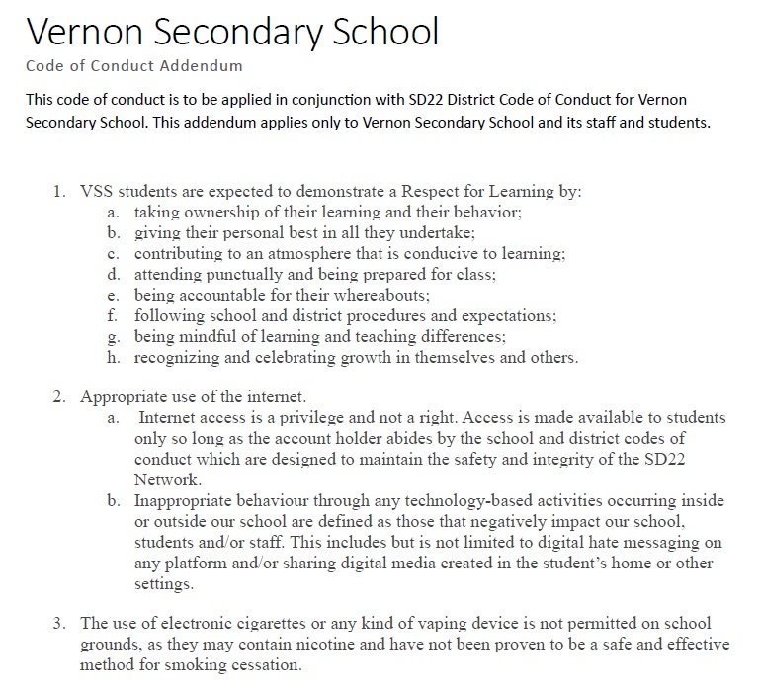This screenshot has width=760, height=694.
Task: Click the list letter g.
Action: (x=113, y=336)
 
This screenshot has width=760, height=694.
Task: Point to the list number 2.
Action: (x=60, y=397)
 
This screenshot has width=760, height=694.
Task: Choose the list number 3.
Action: (x=60, y=623)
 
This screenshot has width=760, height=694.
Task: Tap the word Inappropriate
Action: (x=185, y=501)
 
